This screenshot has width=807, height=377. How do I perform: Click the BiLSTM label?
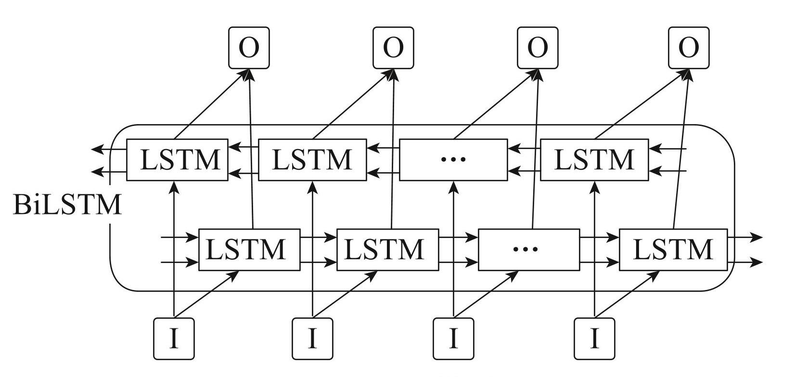click(67, 205)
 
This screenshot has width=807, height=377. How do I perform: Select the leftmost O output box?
click(249, 48)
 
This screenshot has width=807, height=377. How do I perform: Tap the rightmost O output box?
click(689, 48)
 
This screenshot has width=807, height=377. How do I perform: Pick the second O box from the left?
click(393, 48)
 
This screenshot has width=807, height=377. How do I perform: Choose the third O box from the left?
click(538, 48)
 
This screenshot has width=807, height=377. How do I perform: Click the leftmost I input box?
click(174, 339)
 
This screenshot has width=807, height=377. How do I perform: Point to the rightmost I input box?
click(594, 339)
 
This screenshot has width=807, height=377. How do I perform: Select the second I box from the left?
click(312, 339)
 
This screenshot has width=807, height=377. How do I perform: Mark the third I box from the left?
click(453, 339)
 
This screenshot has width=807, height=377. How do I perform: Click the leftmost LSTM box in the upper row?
click(177, 160)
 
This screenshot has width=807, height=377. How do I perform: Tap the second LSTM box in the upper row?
click(312, 160)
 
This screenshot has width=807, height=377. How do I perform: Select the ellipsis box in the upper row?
click(453, 160)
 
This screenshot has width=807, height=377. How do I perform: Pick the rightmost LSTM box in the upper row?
click(594, 160)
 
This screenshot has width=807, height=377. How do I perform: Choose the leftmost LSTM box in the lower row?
click(249, 250)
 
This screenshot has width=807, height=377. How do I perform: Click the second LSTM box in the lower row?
click(387, 250)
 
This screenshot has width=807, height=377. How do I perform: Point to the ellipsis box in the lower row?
click(529, 250)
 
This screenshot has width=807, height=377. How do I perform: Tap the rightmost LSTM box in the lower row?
click(673, 250)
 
